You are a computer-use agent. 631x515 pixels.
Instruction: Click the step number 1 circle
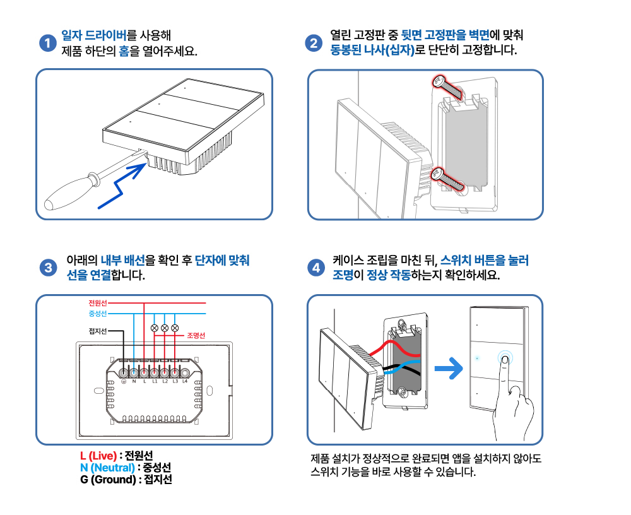[x=47, y=43]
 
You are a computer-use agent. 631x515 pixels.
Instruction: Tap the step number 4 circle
[x=316, y=268]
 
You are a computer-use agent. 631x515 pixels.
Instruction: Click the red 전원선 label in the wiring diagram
[x=98, y=303]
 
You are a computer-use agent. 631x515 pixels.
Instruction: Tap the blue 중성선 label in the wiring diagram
[x=98, y=314]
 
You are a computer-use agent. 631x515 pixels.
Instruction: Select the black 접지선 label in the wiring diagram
[x=98, y=331]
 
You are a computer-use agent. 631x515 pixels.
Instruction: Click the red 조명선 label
[x=196, y=335]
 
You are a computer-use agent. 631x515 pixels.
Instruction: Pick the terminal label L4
[x=185, y=381]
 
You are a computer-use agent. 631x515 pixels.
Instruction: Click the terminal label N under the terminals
[x=134, y=381]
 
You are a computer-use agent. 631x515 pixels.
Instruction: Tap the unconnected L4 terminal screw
[x=185, y=372]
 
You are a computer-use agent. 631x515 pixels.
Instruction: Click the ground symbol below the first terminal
[x=124, y=381]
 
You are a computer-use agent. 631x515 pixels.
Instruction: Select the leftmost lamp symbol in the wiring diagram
[x=154, y=328]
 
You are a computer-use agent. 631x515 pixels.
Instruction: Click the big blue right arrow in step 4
[x=449, y=368]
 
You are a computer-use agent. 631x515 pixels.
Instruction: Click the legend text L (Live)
[x=98, y=456]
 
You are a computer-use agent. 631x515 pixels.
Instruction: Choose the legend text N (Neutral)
[x=107, y=468]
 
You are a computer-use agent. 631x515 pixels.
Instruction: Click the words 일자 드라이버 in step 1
[x=94, y=35]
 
